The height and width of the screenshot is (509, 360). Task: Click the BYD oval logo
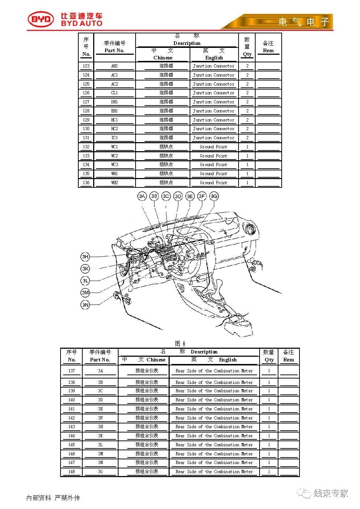click(x=41, y=20)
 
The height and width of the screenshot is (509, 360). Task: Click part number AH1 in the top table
click(x=115, y=66)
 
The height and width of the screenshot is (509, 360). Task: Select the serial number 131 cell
click(x=86, y=138)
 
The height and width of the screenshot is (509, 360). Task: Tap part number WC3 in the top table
click(x=115, y=165)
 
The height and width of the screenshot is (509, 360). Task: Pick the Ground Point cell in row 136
click(x=214, y=183)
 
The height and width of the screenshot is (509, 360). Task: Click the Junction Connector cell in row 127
click(x=214, y=102)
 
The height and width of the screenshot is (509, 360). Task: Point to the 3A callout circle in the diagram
click(x=142, y=196)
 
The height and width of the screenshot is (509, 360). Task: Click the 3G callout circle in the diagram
click(x=214, y=196)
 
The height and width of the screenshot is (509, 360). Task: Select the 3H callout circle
click(x=85, y=257)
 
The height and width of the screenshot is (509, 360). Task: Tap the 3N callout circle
click(x=85, y=305)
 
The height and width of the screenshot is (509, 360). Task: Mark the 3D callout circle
click(x=178, y=196)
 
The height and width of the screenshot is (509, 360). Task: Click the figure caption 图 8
click(x=180, y=343)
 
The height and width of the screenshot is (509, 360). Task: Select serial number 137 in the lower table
click(x=72, y=371)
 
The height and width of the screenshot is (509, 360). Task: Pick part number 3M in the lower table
click(x=100, y=454)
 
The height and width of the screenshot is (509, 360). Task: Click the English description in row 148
click(x=214, y=472)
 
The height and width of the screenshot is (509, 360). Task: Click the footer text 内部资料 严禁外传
click(x=53, y=498)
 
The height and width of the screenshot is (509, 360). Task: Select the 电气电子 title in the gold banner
click(x=304, y=22)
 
